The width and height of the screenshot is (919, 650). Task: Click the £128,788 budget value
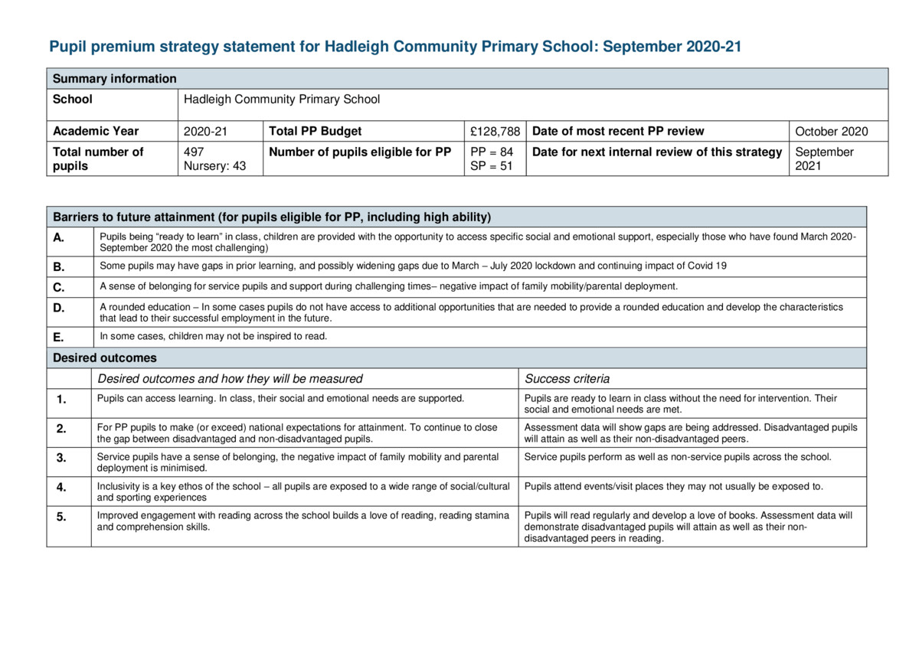coord(495,131)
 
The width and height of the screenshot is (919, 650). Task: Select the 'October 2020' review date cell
coord(832,131)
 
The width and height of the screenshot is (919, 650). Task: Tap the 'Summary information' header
coord(114,79)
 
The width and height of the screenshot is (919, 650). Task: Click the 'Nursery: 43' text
coord(215,165)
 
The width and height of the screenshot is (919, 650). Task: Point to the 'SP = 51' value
coord(492,165)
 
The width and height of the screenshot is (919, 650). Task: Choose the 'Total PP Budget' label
coord(316,131)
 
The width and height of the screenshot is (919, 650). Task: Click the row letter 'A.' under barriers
coord(59,237)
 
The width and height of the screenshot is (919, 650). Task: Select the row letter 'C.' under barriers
coord(59,287)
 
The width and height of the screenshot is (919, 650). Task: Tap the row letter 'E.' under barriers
coord(59,337)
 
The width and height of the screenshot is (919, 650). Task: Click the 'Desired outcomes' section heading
coord(104,358)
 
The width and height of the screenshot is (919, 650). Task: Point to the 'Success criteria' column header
coord(567,378)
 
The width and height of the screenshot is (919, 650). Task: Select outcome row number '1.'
coord(61,399)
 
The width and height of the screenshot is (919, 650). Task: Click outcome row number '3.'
coord(61,458)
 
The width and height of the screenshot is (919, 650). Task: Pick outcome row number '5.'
coord(61,517)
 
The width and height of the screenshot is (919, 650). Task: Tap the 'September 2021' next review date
coord(824,158)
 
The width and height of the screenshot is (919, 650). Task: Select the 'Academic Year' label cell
coord(96,131)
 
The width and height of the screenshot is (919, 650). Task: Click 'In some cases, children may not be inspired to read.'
coord(214,336)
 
